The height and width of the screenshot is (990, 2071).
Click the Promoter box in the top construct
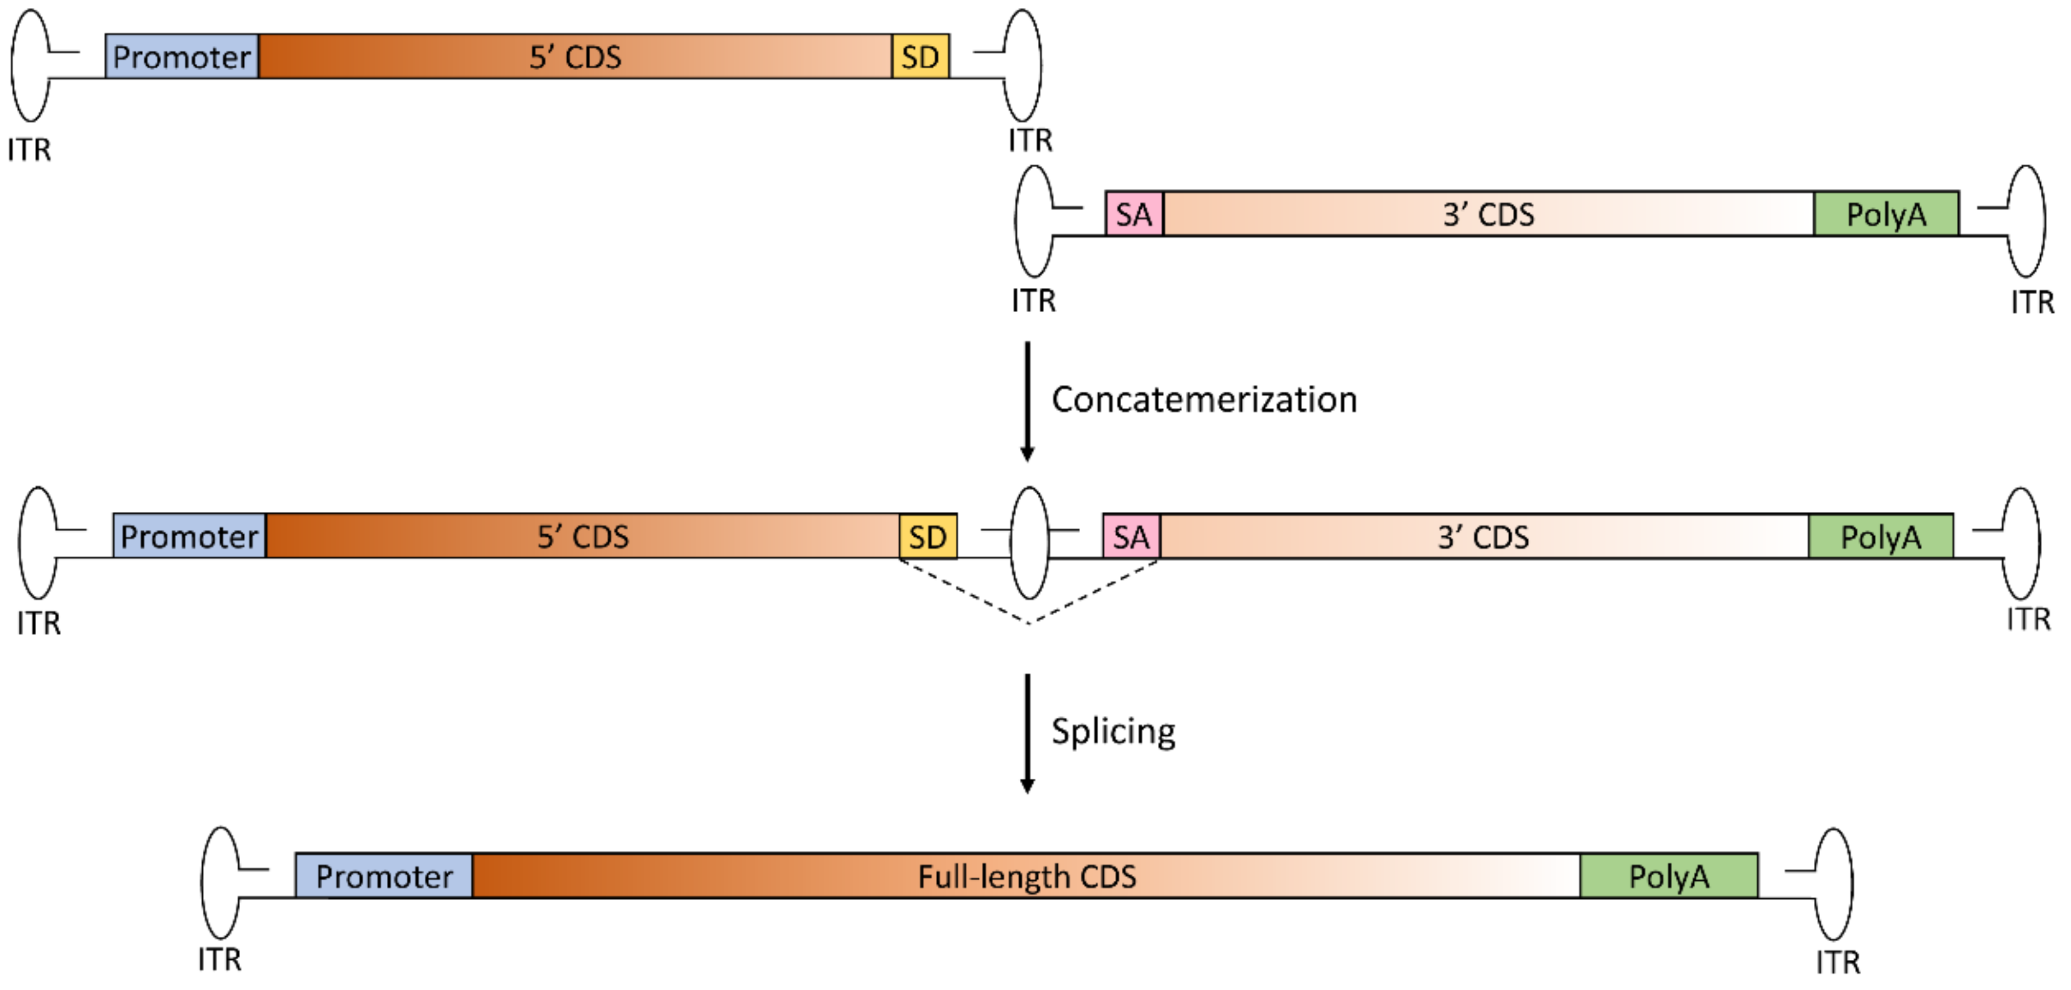(182, 56)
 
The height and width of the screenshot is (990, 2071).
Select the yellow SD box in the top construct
(920, 56)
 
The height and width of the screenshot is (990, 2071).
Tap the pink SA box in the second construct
(1134, 214)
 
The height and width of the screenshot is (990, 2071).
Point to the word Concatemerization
(1203, 400)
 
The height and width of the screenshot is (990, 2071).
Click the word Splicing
(1113, 731)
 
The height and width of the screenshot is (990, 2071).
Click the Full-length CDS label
(1026, 876)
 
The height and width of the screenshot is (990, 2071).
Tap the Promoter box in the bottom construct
(384, 876)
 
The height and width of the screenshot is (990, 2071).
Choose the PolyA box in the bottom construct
(1669, 876)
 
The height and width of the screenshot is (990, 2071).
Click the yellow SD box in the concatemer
(927, 537)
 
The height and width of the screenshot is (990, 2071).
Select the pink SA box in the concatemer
(1131, 537)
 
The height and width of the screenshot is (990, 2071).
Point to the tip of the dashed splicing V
(1029, 622)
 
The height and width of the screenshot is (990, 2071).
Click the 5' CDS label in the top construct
(575, 56)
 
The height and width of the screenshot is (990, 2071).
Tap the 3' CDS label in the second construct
(1488, 214)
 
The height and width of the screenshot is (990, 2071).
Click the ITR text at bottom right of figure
(1838, 961)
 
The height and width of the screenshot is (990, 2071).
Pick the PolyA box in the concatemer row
(1880, 537)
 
